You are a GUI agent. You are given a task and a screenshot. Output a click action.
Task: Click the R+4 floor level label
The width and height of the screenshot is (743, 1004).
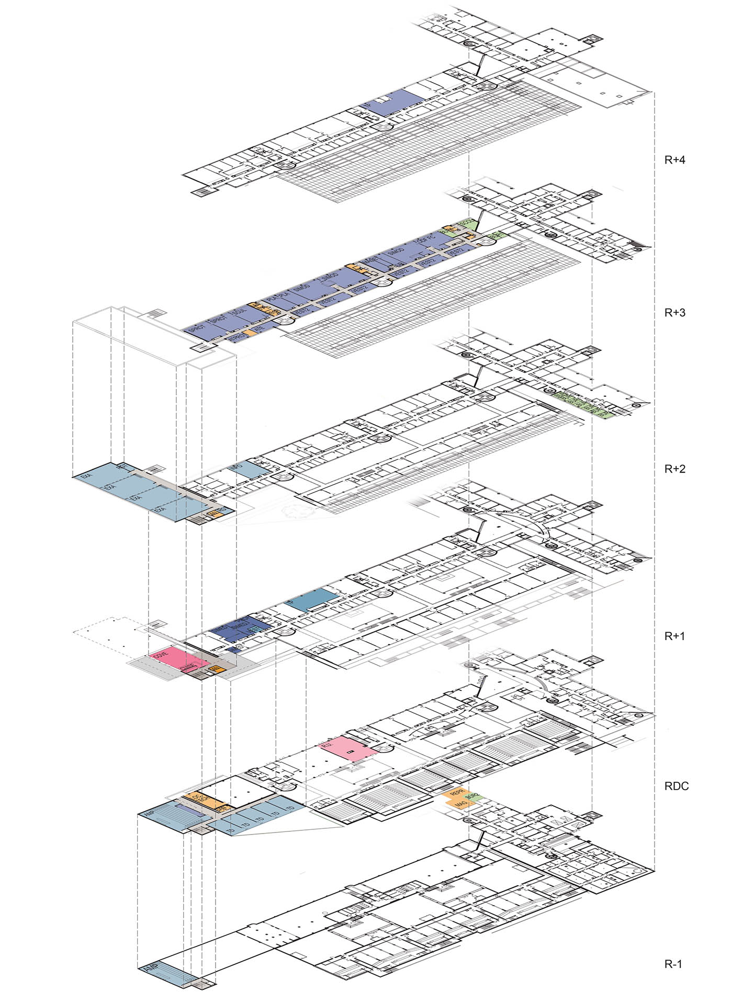(x=674, y=160)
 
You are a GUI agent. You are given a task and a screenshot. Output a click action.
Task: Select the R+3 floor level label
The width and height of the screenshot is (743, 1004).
(x=674, y=313)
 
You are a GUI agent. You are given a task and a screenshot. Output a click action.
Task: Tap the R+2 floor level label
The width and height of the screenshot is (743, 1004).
(x=674, y=469)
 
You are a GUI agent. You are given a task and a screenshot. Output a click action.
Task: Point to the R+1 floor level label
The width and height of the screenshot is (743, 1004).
(x=674, y=636)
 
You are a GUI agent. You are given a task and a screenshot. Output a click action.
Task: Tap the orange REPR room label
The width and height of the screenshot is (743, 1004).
(x=451, y=794)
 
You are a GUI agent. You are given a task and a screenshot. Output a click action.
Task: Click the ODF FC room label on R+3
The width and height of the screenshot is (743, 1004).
(x=426, y=242)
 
